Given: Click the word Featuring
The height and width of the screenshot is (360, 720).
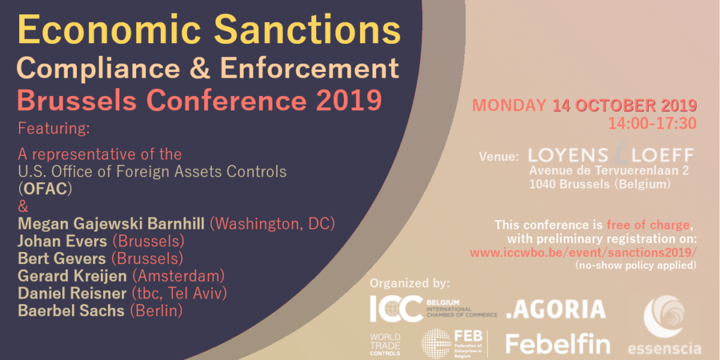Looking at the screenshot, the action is click(x=54, y=129).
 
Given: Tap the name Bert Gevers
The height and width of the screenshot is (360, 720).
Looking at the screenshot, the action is click(x=61, y=258).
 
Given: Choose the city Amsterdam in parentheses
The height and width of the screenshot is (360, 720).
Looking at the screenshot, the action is click(x=178, y=276).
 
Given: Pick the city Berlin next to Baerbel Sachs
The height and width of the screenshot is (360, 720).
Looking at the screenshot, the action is click(x=156, y=311).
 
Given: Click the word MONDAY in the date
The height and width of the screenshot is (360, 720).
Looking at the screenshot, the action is click(x=509, y=105).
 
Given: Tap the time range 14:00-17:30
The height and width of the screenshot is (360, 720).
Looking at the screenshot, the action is click(x=652, y=123).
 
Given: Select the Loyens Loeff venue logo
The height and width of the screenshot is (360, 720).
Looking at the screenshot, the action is click(x=611, y=155).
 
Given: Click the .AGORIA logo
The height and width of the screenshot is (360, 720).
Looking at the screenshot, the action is click(x=556, y=309).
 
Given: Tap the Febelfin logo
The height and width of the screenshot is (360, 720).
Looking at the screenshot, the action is click(x=558, y=344).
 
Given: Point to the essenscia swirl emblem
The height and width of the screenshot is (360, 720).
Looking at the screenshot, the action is click(x=664, y=316).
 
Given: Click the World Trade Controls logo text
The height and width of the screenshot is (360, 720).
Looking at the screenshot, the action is click(x=385, y=344).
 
